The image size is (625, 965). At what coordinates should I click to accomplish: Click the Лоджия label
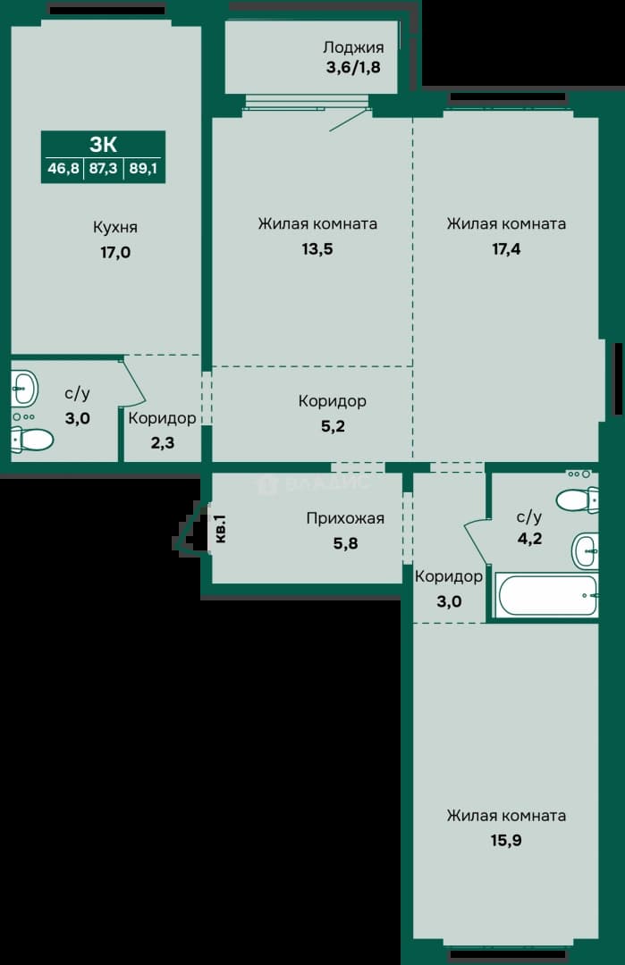click(353, 48)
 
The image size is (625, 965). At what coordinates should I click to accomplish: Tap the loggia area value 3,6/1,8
click(353, 67)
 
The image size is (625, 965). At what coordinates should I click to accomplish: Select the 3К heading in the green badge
click(104, 144)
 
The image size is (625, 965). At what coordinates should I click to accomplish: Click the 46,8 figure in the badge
click(63, 168)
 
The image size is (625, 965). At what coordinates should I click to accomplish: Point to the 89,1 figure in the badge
click(143, 168)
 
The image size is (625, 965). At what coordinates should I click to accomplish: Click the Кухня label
click(115, 227)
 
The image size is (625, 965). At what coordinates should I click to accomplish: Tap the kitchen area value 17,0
click(115, 252)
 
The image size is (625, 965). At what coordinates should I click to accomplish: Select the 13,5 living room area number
click(317, 249)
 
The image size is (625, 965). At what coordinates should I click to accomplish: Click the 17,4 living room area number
click(506, 249)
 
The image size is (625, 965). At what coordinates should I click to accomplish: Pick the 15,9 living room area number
click(506, 840)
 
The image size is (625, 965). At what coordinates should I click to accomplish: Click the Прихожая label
click(345, 519)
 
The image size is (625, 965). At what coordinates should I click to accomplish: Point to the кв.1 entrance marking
click(221, 529)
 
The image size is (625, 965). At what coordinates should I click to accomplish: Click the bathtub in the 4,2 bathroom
click(547, 595)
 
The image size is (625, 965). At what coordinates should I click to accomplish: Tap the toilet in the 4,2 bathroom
click(578, 499)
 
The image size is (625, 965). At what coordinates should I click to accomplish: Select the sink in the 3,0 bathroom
click(25, 388)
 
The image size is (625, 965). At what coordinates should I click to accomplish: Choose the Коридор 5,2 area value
click(333, 426)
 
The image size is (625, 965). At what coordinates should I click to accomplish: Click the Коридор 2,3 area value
click(163, 443)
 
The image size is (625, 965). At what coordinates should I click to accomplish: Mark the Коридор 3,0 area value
click(449, 602)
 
